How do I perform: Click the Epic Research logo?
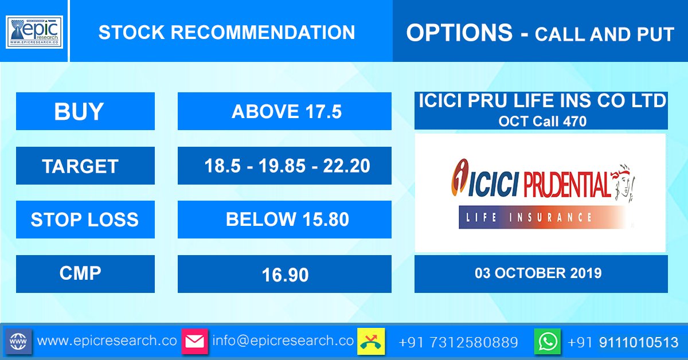pos(34,32)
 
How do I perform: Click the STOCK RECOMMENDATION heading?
pos(226,32)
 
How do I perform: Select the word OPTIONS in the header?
pos(459,33)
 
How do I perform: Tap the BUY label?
pos(79,112)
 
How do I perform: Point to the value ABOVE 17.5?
pos(286,112)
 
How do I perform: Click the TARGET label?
pos(80,166)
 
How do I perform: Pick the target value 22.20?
pos(347,166)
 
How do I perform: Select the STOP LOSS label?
pos(84,220)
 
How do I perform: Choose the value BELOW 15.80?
pos(287,220)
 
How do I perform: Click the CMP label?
pos(80,273)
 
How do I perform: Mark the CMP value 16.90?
pos(285,275)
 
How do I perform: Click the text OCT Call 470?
pos(542,122)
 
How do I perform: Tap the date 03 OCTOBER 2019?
pos(538,273)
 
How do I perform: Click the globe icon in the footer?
pos(18,342)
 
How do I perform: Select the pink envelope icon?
pos(195,342)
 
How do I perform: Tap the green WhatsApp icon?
pos(548,342)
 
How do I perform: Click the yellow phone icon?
pos(371,342)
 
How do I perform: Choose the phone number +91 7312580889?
pos(458,342)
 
